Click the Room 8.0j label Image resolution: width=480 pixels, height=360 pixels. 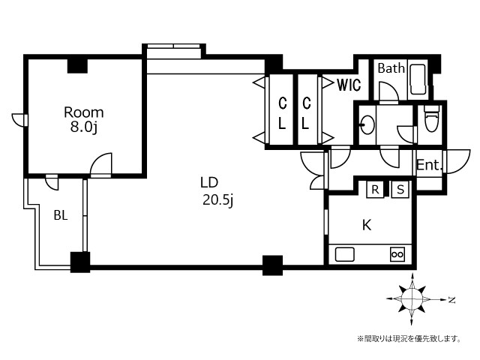tap(84, 120)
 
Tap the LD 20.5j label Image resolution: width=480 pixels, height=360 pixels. tap(217, 192)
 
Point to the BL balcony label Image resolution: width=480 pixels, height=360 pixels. tap(61, 215)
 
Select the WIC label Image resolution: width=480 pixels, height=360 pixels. tap(349, 85)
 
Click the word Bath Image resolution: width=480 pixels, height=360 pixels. tap(391, 68)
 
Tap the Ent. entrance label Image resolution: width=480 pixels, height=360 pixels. tap(429, 165)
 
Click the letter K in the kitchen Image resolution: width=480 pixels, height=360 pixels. tap(367, 225)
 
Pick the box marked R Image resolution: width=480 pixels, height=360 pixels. tap(375, 190)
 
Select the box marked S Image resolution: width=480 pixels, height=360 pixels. tap(400, 190)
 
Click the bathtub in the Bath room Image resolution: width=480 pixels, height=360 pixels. tap(418, 79)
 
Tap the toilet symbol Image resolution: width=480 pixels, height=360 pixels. tap(432, 118)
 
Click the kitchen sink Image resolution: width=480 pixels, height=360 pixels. tap(345, 255)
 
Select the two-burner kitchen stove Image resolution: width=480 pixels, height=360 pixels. tap(397, 254)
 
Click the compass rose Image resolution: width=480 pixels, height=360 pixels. tap(412, 299)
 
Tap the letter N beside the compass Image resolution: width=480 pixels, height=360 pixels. tap(451, 300)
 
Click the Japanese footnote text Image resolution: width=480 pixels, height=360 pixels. tap(409, 339)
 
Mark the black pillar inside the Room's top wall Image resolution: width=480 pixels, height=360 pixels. tap(77, 66)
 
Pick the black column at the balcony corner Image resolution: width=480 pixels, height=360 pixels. tap(80, 262)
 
